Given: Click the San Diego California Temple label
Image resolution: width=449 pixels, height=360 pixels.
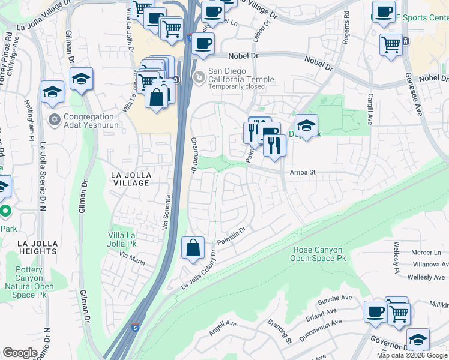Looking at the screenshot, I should (241, 75).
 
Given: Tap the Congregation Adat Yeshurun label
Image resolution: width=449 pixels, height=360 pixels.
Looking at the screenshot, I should (89, 121).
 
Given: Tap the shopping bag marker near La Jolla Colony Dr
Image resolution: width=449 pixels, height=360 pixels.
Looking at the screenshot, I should (193, 248).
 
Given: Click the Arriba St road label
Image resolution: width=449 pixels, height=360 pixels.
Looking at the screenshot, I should (303, 172).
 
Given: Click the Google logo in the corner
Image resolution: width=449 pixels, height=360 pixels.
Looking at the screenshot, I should (20, 353).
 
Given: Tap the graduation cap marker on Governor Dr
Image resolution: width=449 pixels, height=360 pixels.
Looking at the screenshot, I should (418, 339).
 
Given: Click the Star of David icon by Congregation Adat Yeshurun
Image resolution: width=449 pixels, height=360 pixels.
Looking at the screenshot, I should (55, 118).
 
